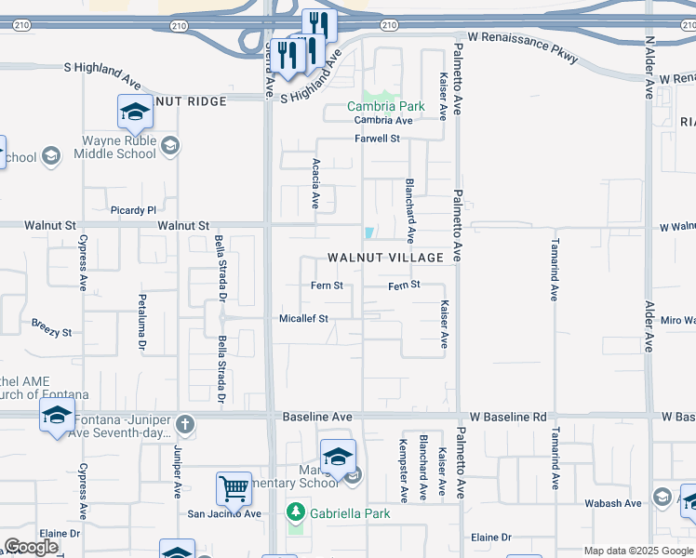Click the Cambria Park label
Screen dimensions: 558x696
pyautogui.click(x=385, y=106)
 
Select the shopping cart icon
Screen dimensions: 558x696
pyautogui.click(x=234, y=486)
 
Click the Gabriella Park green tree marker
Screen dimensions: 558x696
pyautogui.click(x=296, y=512)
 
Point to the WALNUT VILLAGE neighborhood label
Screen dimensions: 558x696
pyautogui.click(x=384, y=257)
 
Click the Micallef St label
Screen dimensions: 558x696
pyautogui.click(x=304, y=318)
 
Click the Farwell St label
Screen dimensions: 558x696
pyautogui.click(x=377, y=139)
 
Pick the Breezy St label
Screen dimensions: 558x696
pyautogui.click(x=51, y=331)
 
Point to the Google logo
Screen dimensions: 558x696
pyautogui.click(x=31, y=547)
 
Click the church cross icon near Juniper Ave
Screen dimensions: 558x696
pyautogui.click(x=185, y=425)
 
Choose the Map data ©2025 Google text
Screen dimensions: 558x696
pyautogui.click(x=637, y=551)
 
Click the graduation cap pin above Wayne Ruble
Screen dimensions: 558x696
pyautogui.click(x=136, y=112)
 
